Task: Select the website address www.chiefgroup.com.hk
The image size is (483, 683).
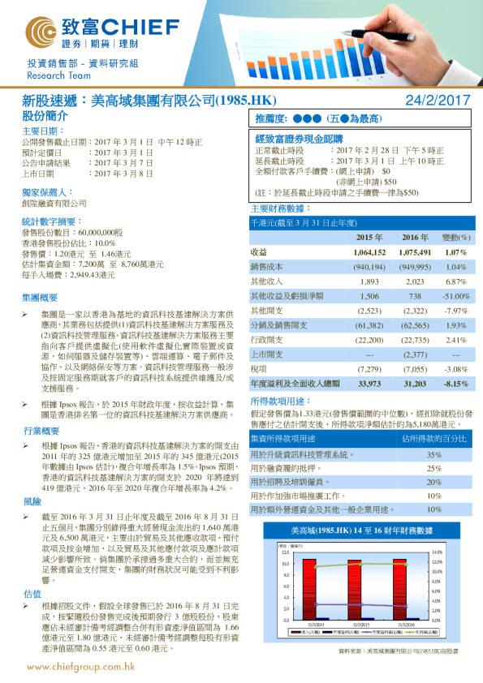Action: pos(80,667)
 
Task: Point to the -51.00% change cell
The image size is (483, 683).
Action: pos(455,296)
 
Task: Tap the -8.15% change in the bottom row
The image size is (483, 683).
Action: pos(455,384)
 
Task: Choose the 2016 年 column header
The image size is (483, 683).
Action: pos(413,237)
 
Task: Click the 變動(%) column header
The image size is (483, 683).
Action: pos(455,237)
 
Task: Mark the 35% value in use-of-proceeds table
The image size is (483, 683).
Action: pos(434,454)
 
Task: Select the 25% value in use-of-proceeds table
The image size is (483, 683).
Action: pos(434,468)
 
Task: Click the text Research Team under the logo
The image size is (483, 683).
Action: pos(52,75)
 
